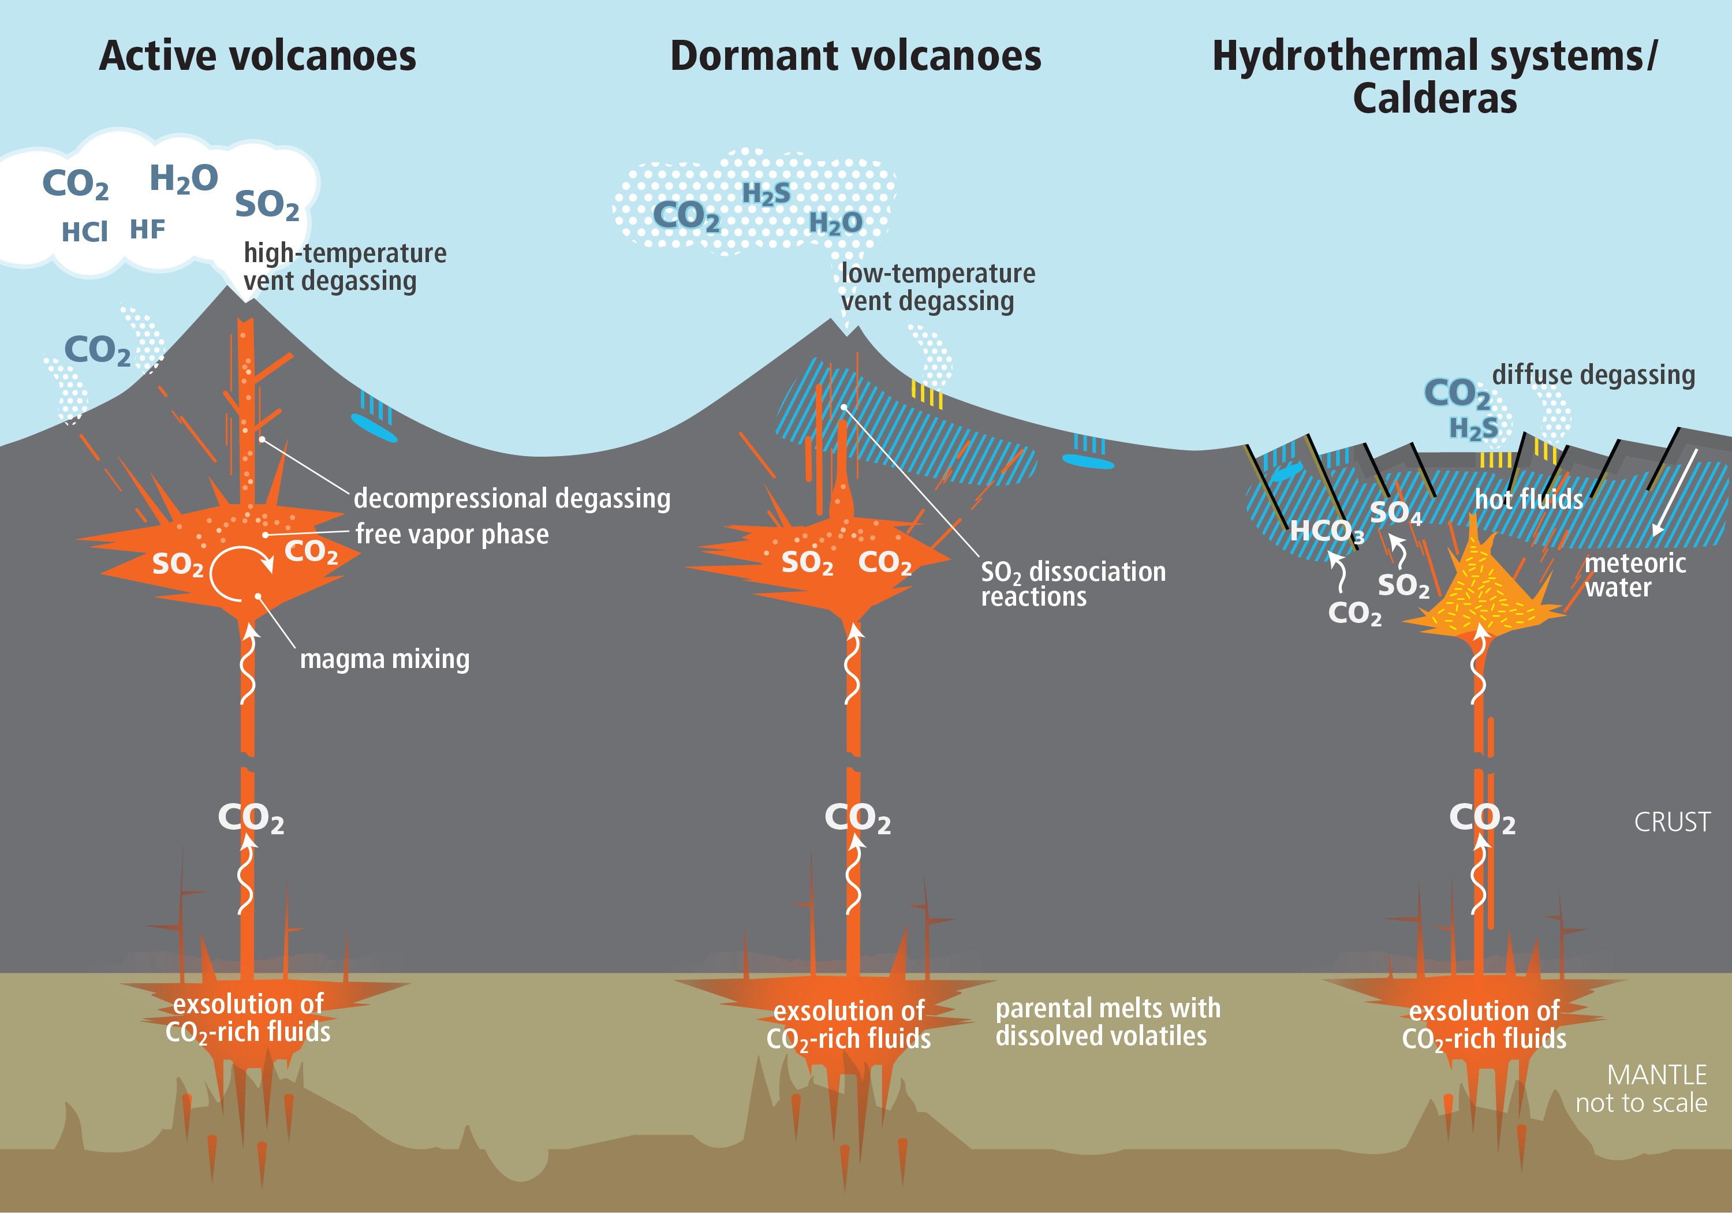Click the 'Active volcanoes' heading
[257, 56]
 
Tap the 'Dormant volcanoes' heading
[856, 56]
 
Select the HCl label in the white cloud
[84, 232]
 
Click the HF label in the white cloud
[147, 229]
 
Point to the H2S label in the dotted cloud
[767, 194]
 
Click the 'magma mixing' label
[385, 659]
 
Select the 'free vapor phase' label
[452, 534]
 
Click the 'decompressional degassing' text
[512, 499]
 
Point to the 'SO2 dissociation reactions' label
[1072, 584]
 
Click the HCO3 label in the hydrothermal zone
[1326, 532]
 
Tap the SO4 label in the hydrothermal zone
[1395, 513]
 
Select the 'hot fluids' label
[1528, 499]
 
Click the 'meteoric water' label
[1634, 575]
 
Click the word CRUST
[1671, 822]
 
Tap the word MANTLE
[1656, 1075]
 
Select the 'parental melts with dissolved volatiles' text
[1107, 1022]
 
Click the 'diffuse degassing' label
[1593, 375]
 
